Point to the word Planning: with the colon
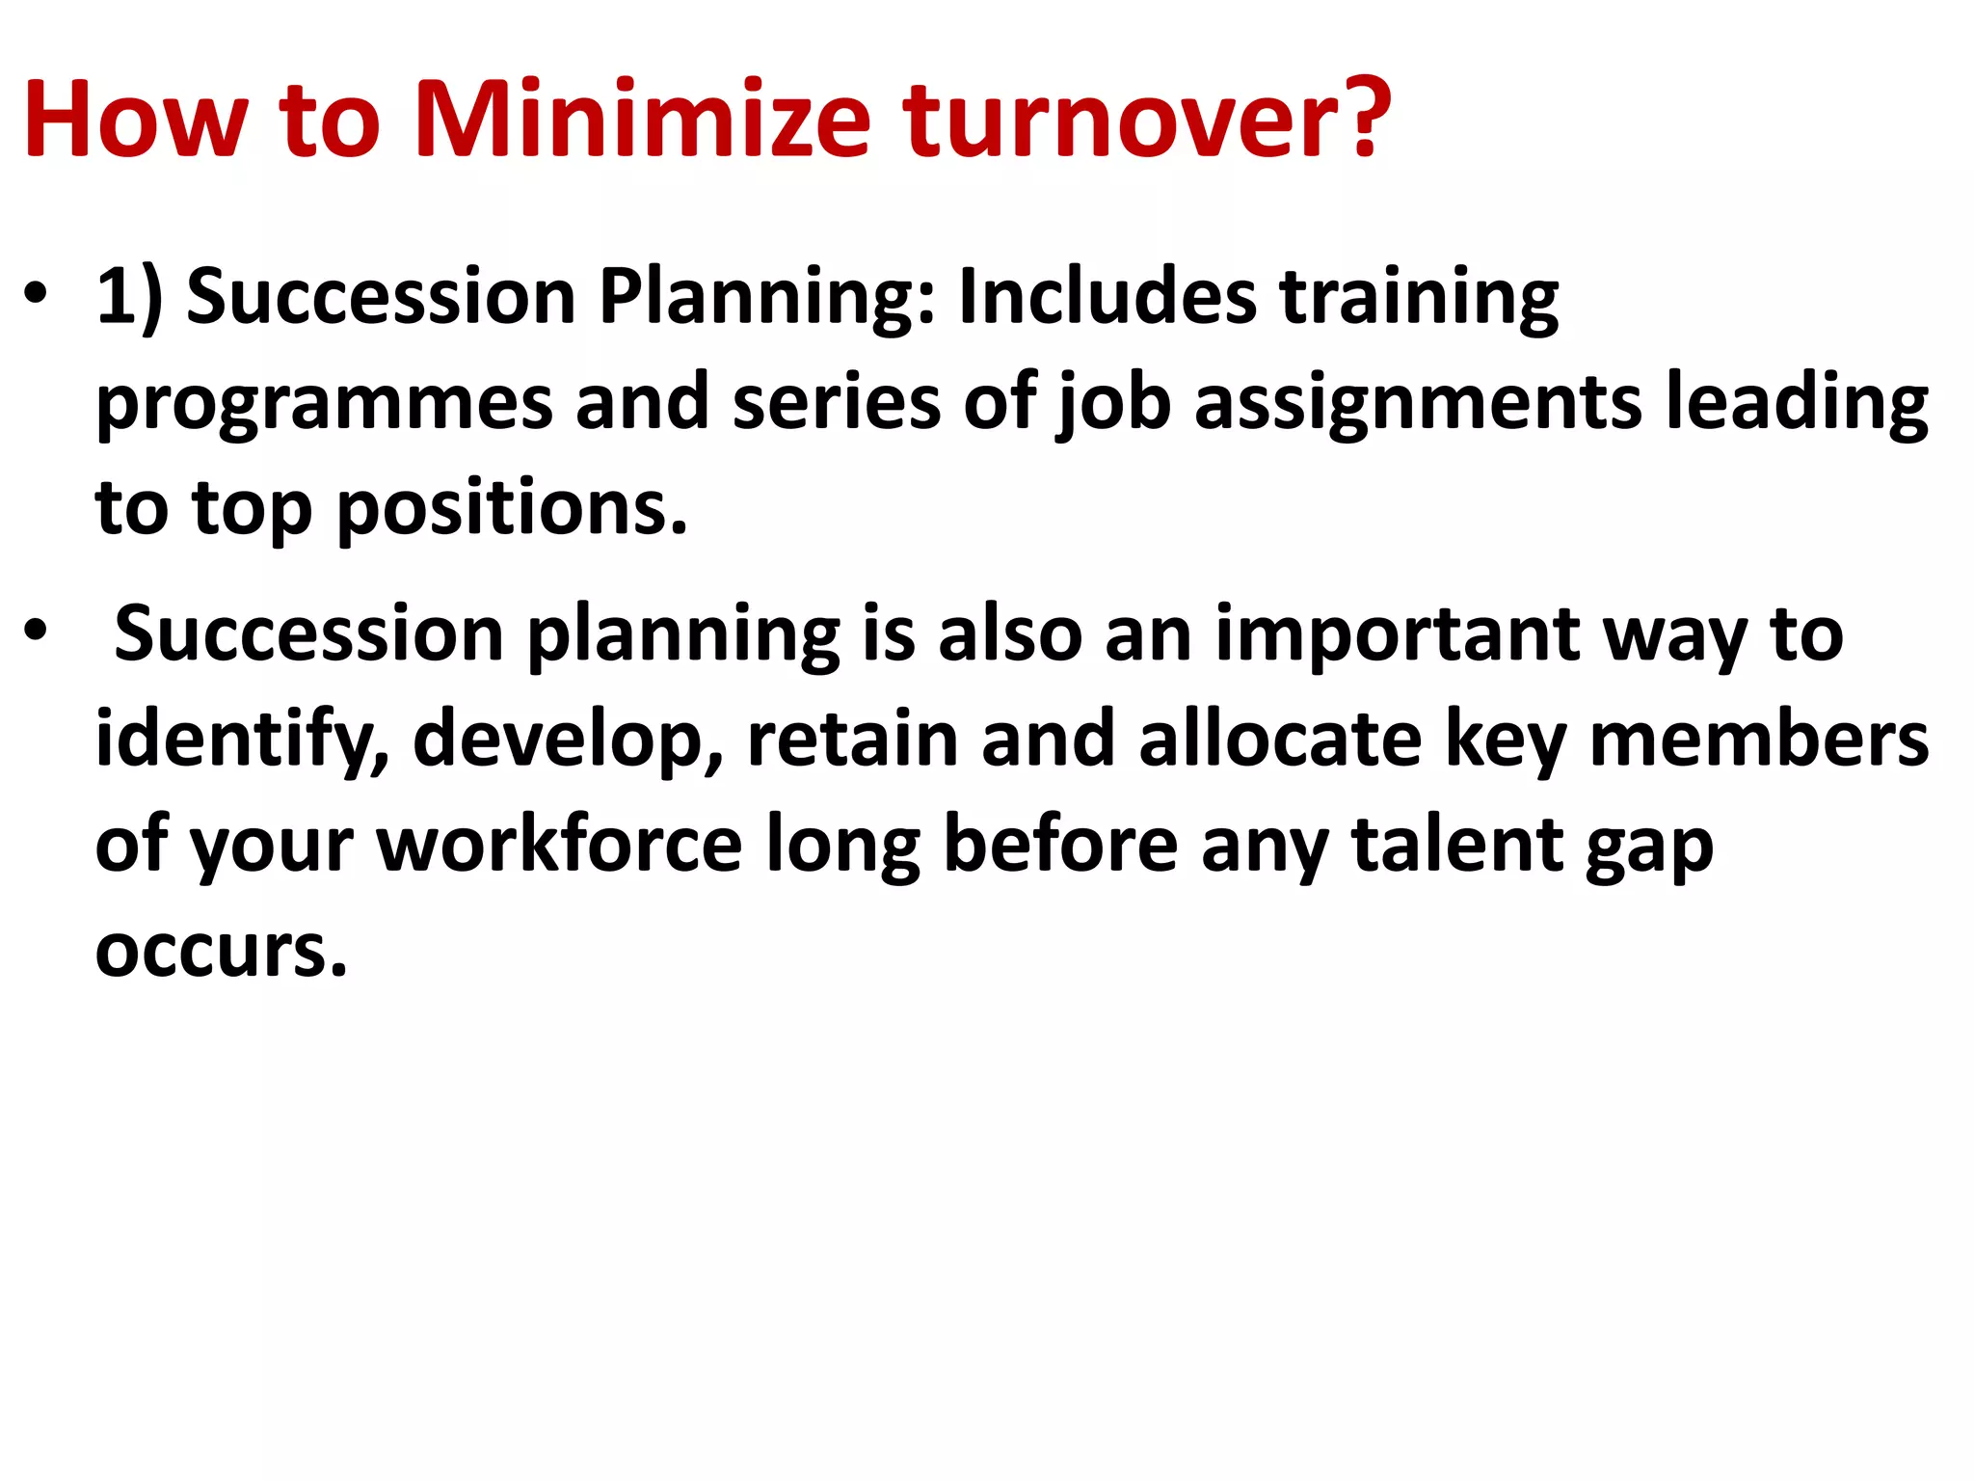point(767,299)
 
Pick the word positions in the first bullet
point(512,510)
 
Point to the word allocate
point(1280,740)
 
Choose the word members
point(1759,740)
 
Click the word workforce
point(559,845)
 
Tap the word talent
point(1457,845)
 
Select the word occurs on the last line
point(221,951)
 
